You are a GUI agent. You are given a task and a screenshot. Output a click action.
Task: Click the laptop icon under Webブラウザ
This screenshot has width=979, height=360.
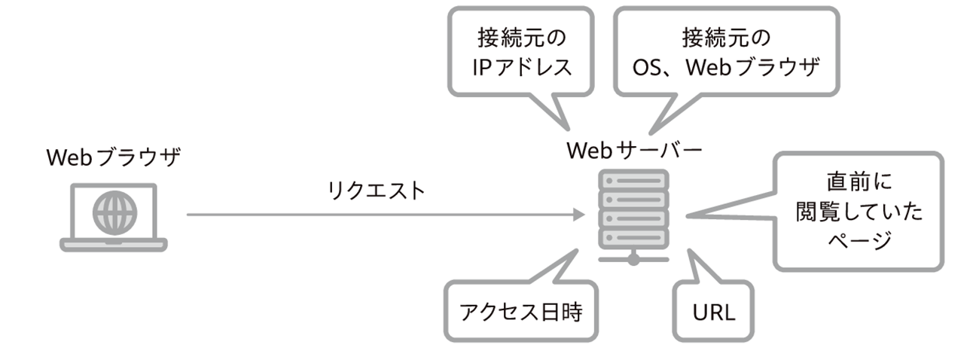(114, 216)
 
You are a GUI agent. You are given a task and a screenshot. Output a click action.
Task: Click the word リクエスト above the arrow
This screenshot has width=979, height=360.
(377, 191)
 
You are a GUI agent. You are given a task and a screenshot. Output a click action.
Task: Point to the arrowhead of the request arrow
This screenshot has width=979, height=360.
(581, 215)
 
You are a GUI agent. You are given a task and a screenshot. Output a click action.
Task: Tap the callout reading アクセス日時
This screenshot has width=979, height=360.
(520, 311)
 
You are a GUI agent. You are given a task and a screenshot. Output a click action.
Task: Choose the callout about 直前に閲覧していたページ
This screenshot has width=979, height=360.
(859, 212)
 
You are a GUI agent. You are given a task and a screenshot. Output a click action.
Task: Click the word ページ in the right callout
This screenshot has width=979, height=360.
(859, 241)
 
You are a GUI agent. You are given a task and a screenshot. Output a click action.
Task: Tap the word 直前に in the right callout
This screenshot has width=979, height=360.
(859, 183)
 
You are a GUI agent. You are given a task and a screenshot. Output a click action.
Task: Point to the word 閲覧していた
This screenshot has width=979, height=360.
(859, 212)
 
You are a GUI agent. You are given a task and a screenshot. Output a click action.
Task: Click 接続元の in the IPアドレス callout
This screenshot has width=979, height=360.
(523, 37)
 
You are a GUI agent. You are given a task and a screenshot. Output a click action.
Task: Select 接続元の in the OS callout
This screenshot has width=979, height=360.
(727, 37)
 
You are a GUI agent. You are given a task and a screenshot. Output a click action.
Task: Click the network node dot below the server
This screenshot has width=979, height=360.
(633, 259)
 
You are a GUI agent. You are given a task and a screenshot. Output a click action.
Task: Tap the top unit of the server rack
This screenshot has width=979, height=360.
(633, 182)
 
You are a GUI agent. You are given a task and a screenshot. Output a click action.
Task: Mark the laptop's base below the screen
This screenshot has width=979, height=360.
(114, 244)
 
